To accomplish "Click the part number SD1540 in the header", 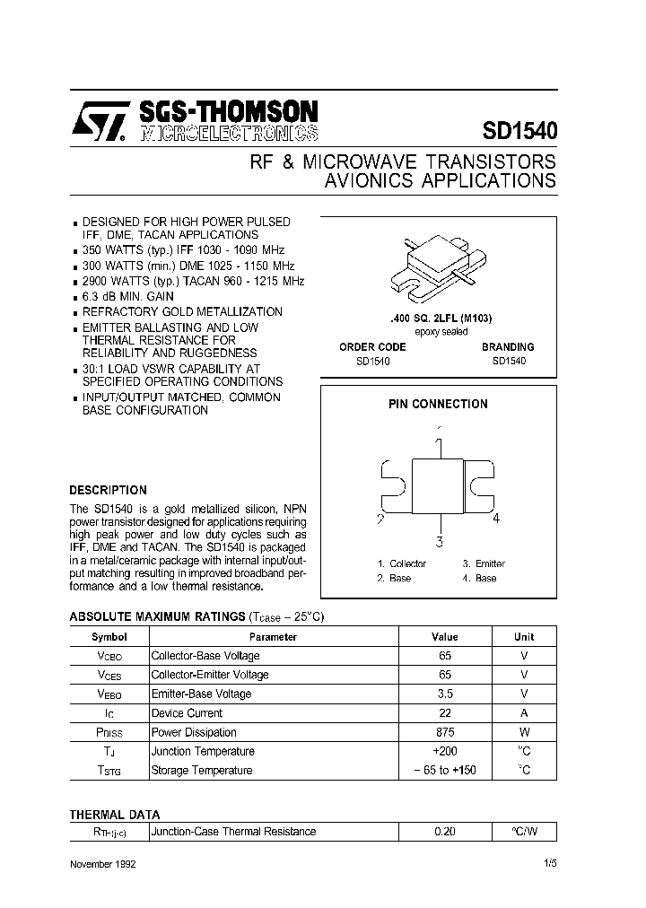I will [x=520, y=130].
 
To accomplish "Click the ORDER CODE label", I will [x=372, y=347].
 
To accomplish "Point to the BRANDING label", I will [x=508, y=347].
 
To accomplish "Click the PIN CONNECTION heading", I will [x=438, y=405].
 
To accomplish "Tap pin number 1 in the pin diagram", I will [x=439, y=444].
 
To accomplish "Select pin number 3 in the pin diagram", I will [x=439, y=541].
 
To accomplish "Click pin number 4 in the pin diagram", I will [x=495, y=519].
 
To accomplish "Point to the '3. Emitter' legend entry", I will [x=484, y=564].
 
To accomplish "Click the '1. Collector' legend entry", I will [x=401, y=564].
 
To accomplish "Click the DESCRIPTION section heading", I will [x=108, y=491].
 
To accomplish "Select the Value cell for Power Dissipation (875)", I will [x=445, y=733].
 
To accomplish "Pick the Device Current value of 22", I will [x=445, y=713].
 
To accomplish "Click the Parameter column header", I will [x=273, y=637].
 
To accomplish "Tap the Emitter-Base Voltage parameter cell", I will [x=201, y=694].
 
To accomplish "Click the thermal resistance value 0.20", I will [x=445, y=832].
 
